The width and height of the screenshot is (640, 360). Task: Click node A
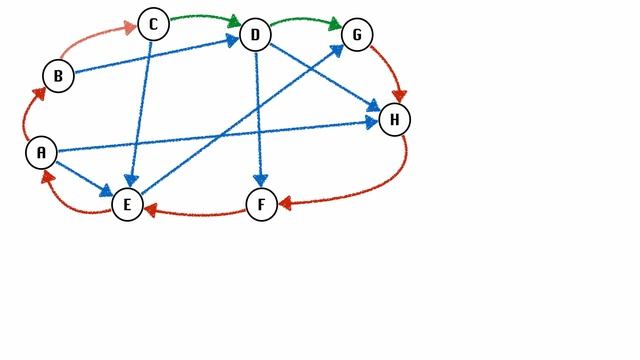coord(41,152)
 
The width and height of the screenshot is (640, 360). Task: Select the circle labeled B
coord(58,75)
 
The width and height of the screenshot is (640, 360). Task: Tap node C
coord(153,24)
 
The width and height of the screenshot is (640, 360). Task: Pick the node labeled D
coord(255,36)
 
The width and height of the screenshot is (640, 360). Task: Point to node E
coord(127,205)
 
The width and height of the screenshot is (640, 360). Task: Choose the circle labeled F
coord(261,205)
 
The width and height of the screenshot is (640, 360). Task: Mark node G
coord(357,35)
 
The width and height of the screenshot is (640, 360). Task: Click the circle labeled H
coord(394,120)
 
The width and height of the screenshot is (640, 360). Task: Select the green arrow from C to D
coord(205,17)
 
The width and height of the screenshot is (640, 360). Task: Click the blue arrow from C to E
coord(140,115)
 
